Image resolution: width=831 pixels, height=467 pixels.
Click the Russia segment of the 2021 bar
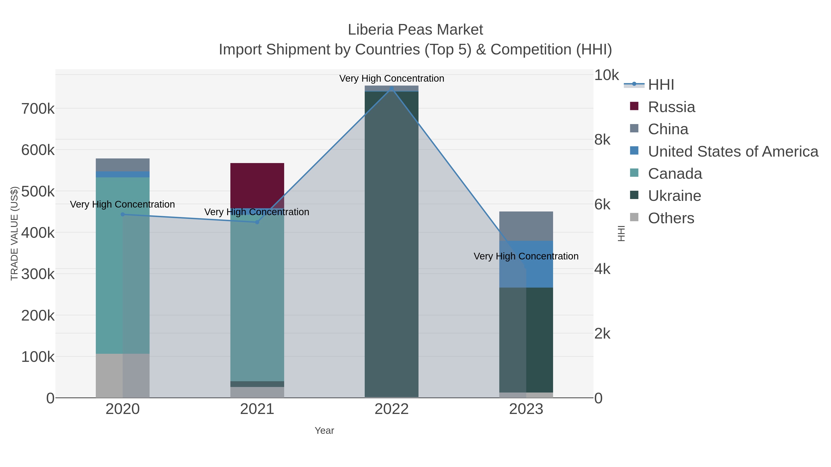tap(257, 185)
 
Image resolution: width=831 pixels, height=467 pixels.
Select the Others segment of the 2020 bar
tap(122, 375)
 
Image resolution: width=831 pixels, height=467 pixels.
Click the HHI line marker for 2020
tap(123, 214)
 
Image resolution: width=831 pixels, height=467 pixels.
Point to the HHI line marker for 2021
tap(257, 222)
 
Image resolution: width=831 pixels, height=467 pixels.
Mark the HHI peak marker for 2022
tap(392, 88)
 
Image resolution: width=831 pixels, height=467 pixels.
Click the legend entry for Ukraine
tap(674, 196)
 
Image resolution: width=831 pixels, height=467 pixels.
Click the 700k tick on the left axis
tap(38, 109)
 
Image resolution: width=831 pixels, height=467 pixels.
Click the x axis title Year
tap(324, 430)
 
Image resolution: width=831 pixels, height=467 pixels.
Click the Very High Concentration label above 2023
tap(526, 256)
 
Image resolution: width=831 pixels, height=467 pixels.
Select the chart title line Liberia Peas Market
tap(415, 30)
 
